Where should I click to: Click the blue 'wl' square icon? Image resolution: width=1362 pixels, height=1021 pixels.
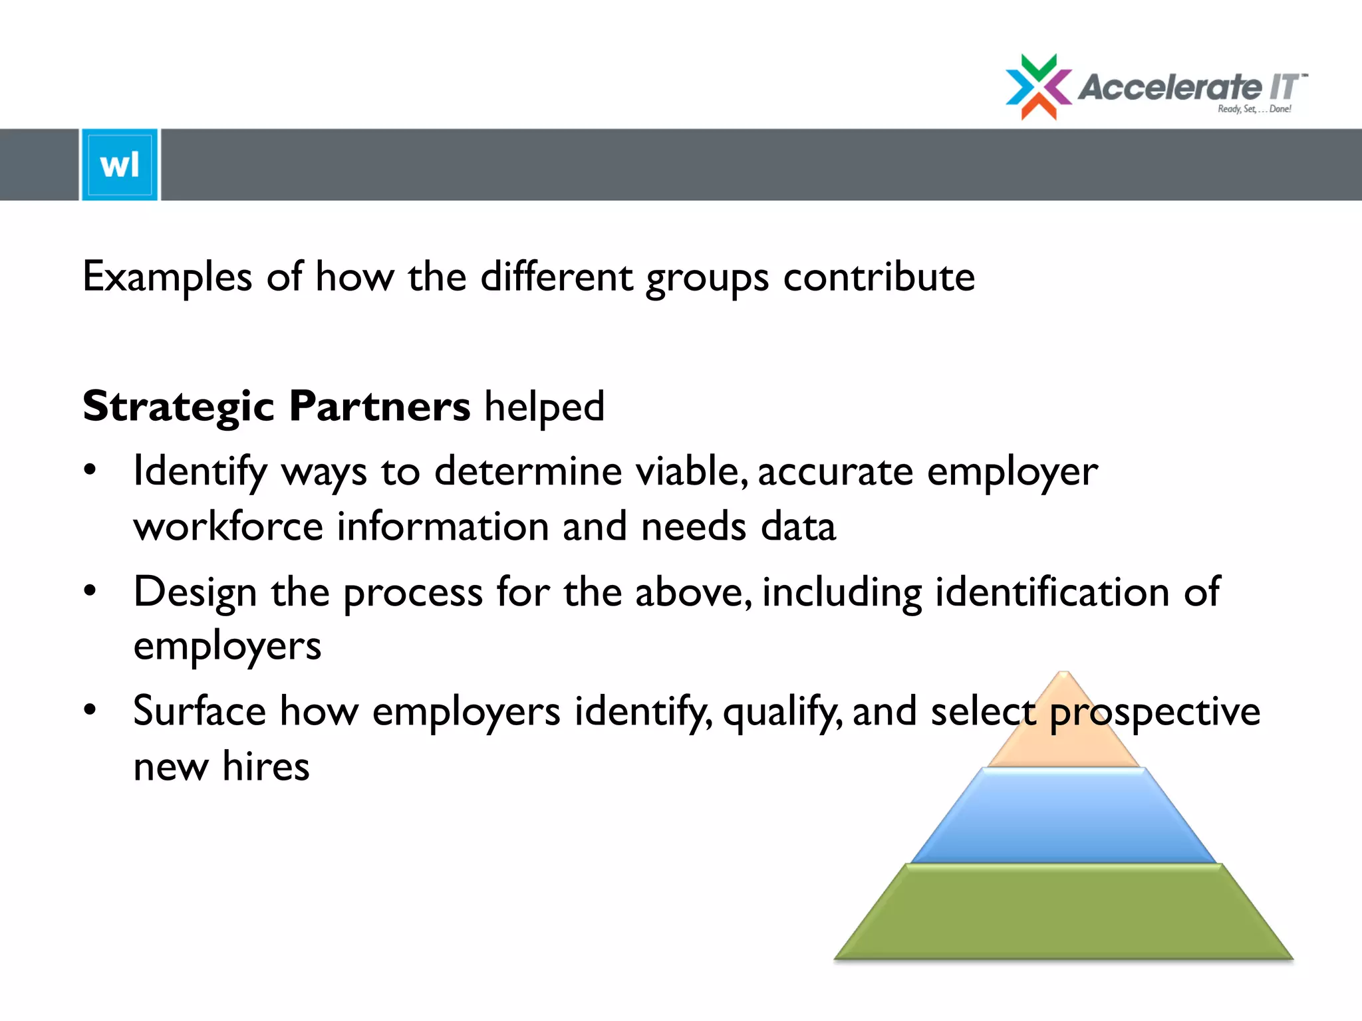tap(120, 164)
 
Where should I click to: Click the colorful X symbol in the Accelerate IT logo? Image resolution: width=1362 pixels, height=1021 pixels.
tap(1038, 87)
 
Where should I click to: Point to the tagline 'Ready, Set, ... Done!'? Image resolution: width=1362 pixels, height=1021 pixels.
tap(1254, 109)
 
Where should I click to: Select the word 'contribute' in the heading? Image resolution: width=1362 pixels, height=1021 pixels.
tap(879, 277)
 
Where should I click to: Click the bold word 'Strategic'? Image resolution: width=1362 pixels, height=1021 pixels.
tap(178, 407)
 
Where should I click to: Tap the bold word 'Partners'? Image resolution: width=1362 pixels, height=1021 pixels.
tap(380, 407)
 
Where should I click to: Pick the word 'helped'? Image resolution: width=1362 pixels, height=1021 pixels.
tap(544, 407)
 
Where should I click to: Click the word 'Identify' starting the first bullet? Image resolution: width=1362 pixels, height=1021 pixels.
tap(200, 473)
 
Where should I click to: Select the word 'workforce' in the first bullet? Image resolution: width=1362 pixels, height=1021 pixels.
tap(228, 526)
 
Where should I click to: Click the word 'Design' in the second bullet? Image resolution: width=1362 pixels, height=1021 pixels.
tap(195, 592)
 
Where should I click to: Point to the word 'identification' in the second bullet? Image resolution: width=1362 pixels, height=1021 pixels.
tap(1052, 592)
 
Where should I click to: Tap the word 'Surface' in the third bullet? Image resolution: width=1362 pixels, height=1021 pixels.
tap(200, 711)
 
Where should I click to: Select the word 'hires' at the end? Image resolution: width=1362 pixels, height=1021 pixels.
tap(266, 766)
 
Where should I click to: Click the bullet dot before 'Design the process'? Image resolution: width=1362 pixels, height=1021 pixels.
tap(90, 590)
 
